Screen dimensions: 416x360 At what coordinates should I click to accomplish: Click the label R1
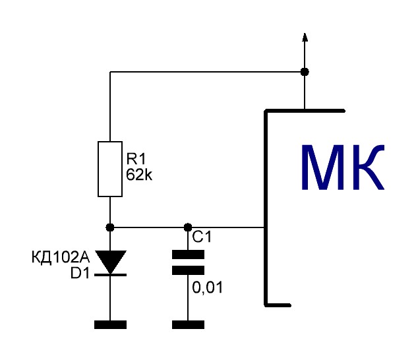click(x=136, y=159)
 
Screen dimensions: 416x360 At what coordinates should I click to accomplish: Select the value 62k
click(x=139, y=175)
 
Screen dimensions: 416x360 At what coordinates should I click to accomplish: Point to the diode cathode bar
click(x=110, y=275)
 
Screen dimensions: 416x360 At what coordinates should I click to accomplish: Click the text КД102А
click(x=61, y=257)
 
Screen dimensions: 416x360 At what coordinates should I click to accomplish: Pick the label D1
click(x=80, y=273)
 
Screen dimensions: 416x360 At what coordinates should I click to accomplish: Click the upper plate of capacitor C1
click(x=188, y=255)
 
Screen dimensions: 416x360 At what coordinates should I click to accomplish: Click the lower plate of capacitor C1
click(x=188, y=270)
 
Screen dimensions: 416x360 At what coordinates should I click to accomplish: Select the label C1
click(x=202, y=237)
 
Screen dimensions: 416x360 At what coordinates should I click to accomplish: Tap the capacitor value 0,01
click(x=207, y=287)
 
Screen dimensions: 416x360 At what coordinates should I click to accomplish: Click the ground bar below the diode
click(x=110, y=324)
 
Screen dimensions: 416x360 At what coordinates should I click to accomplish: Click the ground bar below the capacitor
click(x=188, y=324)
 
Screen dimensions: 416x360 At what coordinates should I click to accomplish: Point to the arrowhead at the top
click(x=305, y=37)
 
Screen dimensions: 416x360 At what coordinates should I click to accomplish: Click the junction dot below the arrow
click(x=305, y=72)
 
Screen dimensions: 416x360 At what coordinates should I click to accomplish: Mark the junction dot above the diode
click(x=110, y=227)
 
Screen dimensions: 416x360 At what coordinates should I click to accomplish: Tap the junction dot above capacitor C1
click(x=188, y=227)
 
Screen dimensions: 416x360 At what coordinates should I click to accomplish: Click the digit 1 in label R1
click(x=142, y=159)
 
